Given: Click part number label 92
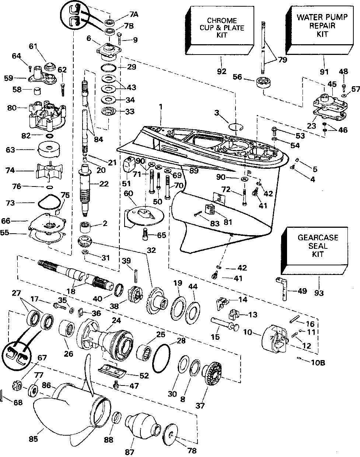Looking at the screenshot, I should tap(221, 71).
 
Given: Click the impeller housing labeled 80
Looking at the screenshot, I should tap(47, 110).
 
